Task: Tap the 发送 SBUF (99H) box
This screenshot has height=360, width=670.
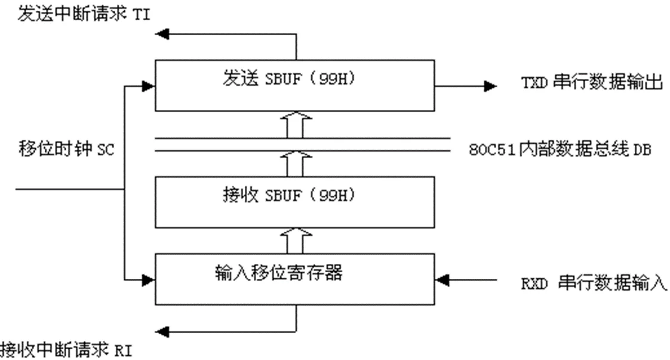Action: coord(295,84)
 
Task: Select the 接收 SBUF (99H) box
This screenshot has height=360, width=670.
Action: coord(295,201)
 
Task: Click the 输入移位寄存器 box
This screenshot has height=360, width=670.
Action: coord(295,279)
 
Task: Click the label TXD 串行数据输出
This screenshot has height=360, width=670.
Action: coord(591,84)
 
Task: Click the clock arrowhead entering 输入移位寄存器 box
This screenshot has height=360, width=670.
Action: coord(148,278)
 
